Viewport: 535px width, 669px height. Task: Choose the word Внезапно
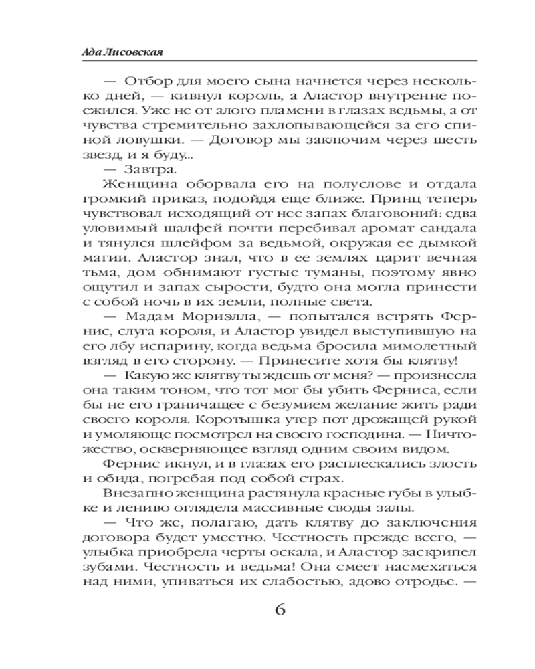pos(136,493)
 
